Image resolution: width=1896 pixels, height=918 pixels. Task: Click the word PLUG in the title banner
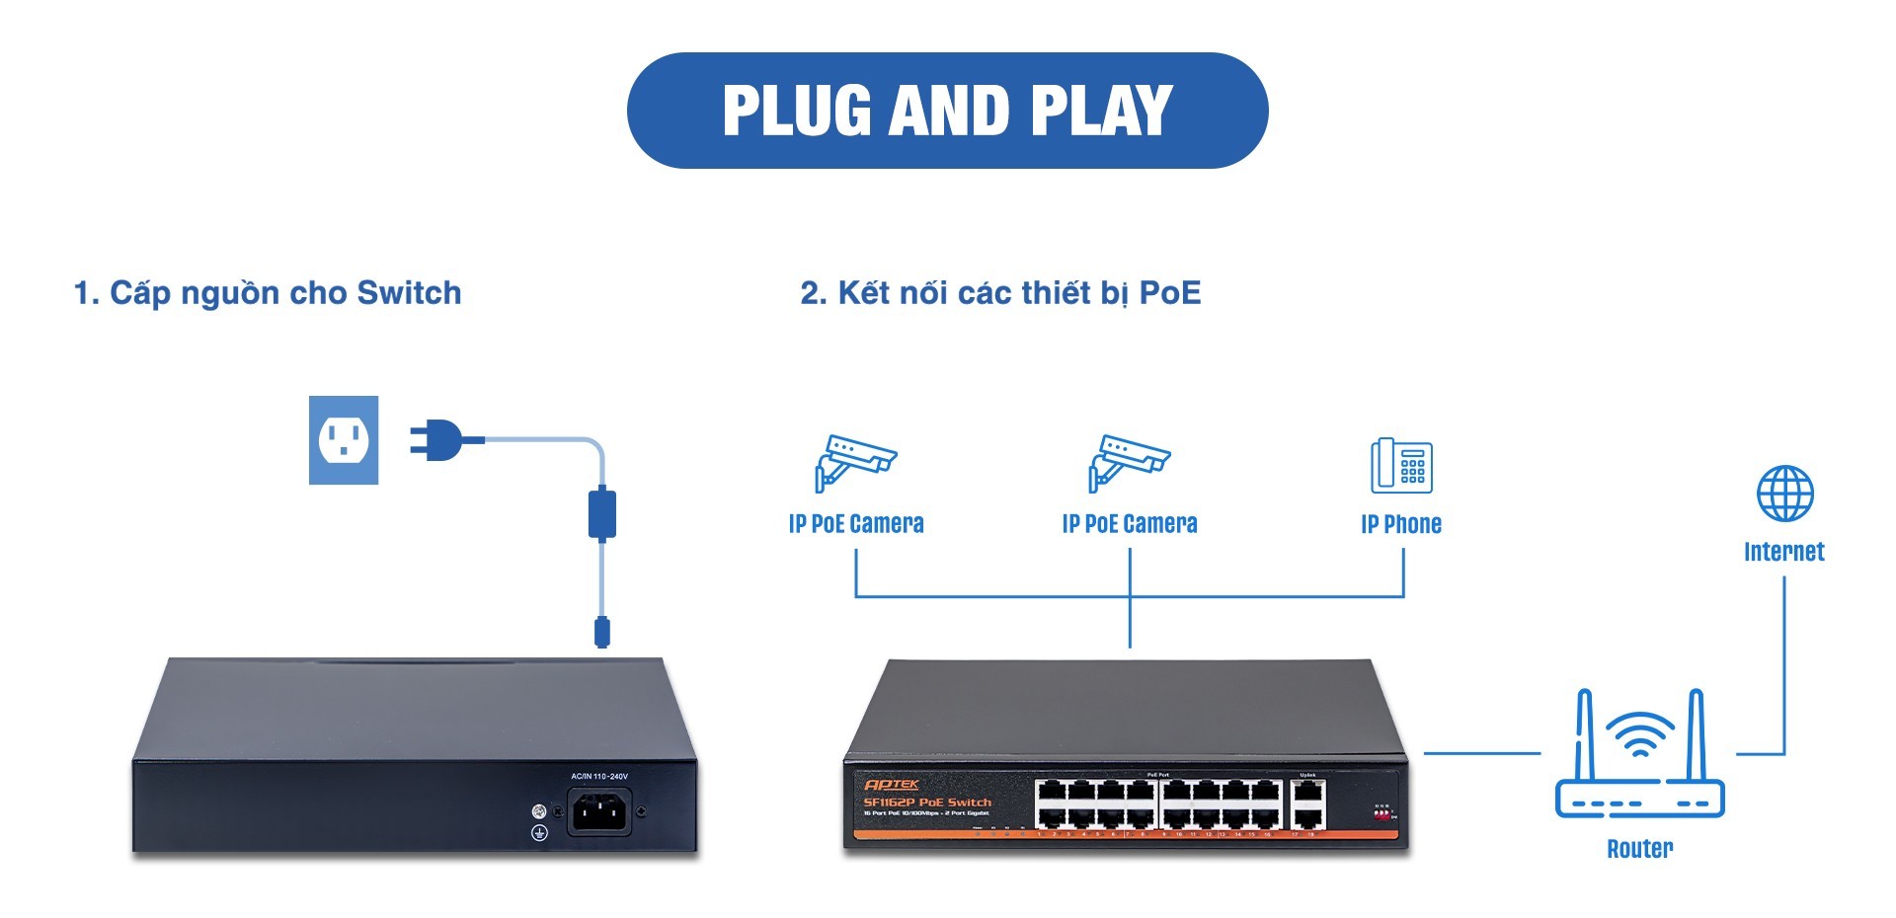tap(799, 111)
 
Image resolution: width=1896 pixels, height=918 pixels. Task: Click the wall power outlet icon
tap(344, 440)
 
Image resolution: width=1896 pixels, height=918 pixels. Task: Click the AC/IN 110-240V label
tap(599, 777)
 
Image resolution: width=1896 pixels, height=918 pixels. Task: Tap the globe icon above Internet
tap(1784, 494)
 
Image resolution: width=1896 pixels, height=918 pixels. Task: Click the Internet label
tap(1783, 552)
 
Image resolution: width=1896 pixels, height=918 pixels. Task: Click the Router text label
tap(1639, 849)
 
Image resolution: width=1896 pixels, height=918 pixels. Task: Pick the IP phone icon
tap(1401, 465)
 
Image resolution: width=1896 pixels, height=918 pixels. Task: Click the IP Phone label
tap(1401, 524)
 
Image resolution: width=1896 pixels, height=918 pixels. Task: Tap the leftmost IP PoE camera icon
tap(854, 461)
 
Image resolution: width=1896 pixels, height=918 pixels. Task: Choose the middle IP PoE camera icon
tap(1129, 461)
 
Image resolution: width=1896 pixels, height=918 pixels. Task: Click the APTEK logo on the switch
tap(891, 785)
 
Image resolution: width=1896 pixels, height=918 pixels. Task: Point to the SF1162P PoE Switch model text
tap(927, 803)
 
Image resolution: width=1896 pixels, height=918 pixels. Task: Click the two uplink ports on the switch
tap(1307, 804)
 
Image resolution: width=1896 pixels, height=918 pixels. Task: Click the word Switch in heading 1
tap(409, 293)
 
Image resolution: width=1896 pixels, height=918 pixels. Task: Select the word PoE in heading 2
tap(1170, 293)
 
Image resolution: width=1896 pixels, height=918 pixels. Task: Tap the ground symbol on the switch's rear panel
tap(539, 833)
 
